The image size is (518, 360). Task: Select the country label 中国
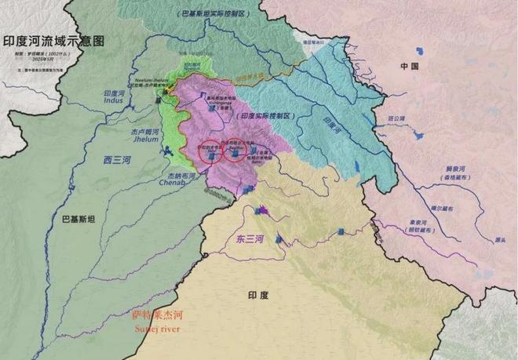pos(410,67)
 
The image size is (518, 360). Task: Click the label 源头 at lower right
pos(489,239)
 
